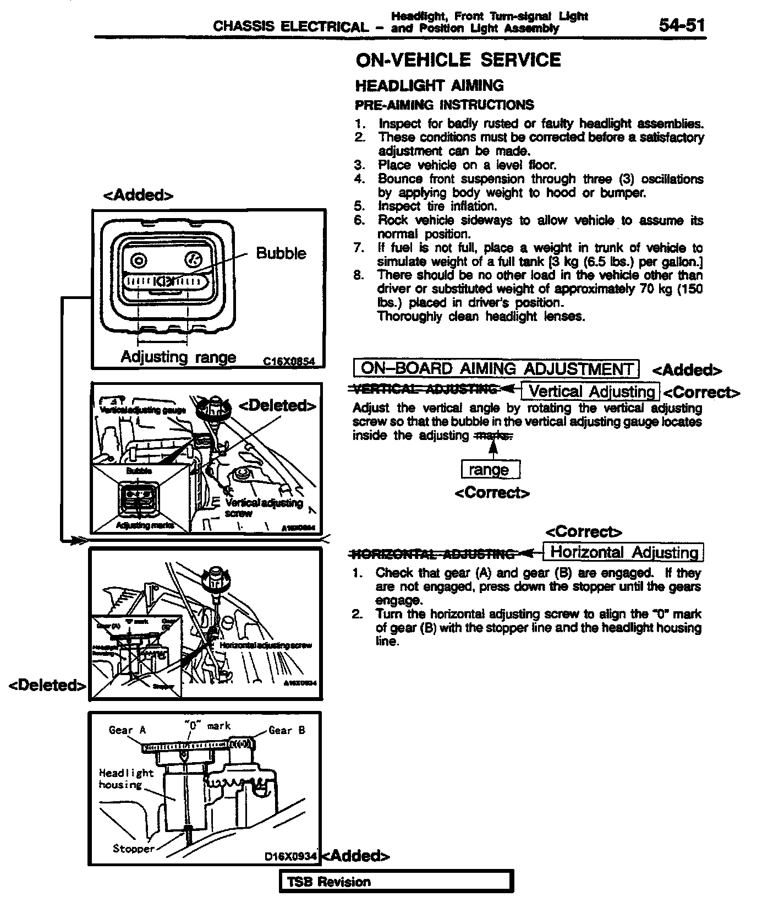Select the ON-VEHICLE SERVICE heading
pyautogui.click(x=458, y=59)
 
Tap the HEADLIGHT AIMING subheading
pyautogui.click(x=429, y=85)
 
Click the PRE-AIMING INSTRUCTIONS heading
pyautogui.click(x=444, y=105)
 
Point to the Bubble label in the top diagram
pyautogui.click(x=281, y=253)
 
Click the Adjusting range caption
pyautogui.click(x=178, y=357)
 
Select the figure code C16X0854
pyautogui.click(x=289, y=361)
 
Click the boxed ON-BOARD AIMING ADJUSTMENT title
pyautogui.click(x=496, y=368)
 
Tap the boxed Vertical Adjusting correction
pyautogui.click(x=590, y=392)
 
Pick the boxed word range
pyautogui.click(x=490, y=470)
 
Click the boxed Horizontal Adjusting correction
pyautogui.click(x=623, y=552)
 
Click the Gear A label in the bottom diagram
pyautogui.click(x=127, y=730)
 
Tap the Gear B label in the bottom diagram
pyautogui.click(x=287, y=730)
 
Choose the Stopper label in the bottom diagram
pyautogui.click(x=134, y=849)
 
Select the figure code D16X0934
pyautogui.click(x=290, y=856)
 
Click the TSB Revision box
pyautogui.click(x=397, y=882)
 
